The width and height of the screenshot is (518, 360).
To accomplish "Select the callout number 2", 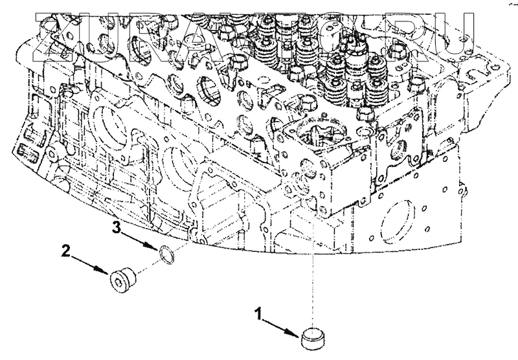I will tap(65, 249).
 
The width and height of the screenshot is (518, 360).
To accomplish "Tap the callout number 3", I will tap(117, 226).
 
